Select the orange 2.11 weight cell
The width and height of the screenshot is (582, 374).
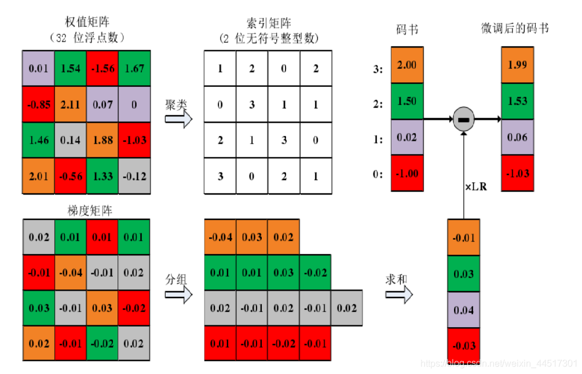[70, 105]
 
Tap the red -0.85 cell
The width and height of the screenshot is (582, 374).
[38, 105]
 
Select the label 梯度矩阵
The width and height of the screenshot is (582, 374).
[86, 211]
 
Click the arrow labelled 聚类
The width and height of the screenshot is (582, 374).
[178, 118]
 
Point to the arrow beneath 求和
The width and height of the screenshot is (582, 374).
[400, 295]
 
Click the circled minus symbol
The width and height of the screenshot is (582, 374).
[463, 119]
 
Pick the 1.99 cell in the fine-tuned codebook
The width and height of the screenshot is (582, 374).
[517, 65]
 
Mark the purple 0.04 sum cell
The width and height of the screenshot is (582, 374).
[464, 310]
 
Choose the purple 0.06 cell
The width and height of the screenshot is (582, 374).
[517, 137]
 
